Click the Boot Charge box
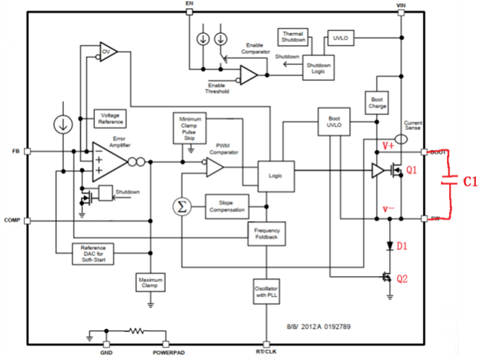[377, 103]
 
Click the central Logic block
[275, 176]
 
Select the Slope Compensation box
[227, 205]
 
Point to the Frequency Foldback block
[267, 234]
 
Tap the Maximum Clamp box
[150, 284]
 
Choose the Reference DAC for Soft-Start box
[93, 253]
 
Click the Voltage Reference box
[110, 118]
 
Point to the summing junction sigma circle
[180, 205]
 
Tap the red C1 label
[469, 181]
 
